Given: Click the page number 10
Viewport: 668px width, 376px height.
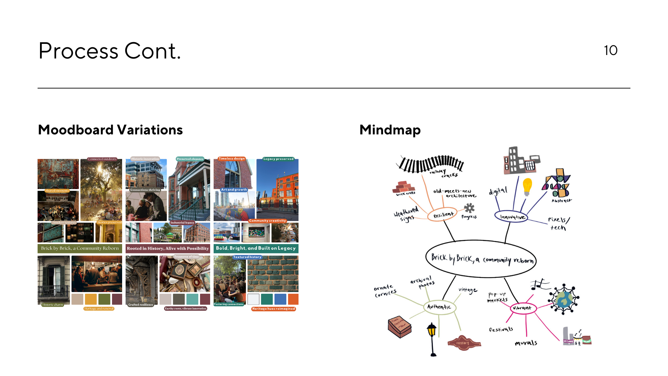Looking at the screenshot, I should point(611,50).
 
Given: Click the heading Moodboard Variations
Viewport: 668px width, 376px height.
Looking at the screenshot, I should point(110,130).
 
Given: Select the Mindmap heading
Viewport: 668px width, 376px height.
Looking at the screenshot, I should point(390,130).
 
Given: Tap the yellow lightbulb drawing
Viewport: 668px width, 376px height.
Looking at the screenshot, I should point(527,186).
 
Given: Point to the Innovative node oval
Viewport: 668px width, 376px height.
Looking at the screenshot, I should point(511,217).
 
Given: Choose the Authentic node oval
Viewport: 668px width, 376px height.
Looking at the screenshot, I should point(439,307).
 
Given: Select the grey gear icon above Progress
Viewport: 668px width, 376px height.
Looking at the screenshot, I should point(469,208).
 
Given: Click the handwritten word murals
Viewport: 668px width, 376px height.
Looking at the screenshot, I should point(526,343).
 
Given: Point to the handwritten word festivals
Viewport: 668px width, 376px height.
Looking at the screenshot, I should point(501,329).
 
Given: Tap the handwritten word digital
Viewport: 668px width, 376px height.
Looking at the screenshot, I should point(498,191).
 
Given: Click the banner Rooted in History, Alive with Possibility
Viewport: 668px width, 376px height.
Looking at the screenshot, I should point(168,249).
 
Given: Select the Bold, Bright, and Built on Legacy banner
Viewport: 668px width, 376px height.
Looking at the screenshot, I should point(256,248).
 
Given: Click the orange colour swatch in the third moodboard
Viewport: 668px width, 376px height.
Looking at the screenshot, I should point(293,299).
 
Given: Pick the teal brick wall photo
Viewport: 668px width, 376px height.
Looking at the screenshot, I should point(273,274).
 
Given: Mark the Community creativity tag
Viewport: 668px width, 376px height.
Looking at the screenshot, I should point(267,221).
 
